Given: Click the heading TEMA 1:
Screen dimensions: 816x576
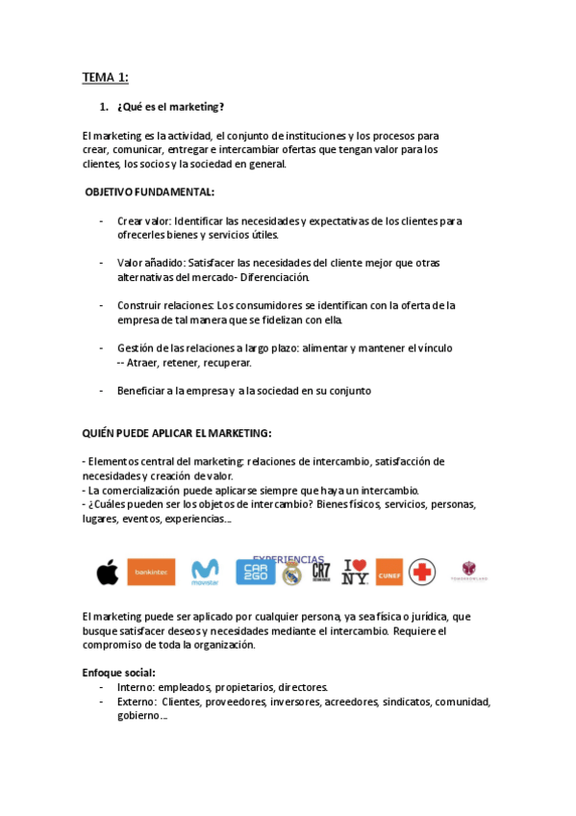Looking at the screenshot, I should click(105, 77).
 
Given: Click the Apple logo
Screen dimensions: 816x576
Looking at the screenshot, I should click(107, 573).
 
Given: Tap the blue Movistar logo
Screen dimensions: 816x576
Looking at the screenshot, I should click(205, 573).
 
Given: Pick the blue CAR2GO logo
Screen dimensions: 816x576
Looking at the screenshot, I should click(256, 573).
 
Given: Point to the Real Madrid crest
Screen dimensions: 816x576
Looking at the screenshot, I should click(292, 574).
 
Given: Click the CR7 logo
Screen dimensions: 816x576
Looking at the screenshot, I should click(321, 573).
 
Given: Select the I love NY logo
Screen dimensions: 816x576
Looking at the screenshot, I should click(356, 573).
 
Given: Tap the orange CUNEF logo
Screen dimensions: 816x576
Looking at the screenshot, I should click(389, 573).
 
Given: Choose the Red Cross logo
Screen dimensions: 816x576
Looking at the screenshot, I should click(422, 573).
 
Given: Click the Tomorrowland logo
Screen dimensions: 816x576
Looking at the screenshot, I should click(469, 572).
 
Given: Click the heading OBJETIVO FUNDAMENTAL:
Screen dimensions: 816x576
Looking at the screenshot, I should click(150, 192).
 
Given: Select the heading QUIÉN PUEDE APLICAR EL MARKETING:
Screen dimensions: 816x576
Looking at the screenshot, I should click(177, 433).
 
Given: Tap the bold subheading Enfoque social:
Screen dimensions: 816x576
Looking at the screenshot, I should click(119, 673).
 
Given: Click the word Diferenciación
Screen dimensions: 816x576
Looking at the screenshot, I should click(275, 277).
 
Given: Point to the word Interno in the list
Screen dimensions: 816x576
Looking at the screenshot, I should click(136, 687).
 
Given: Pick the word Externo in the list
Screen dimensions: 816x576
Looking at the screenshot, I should click(137, 701).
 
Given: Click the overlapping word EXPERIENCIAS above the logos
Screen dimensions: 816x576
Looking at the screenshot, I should click(288, 559).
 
